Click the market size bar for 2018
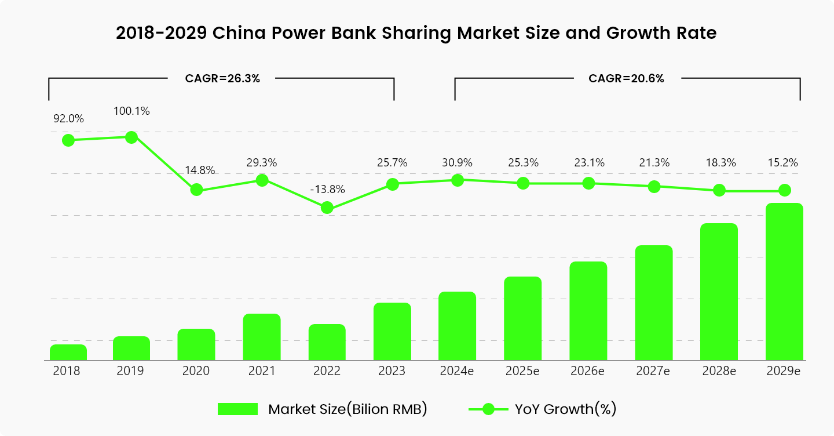pyautogui.click(x=68, y=353)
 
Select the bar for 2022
pyautogui.click(x=327, y=343)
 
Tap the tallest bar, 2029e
pyautogui.click(x=784, y=282)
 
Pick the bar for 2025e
pyautogui.click(x=523, y=319)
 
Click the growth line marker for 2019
pyautogui.click(x=131, y=137)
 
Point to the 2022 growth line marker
pyautogui.click(x=327, y=208)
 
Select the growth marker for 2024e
pyautogui.click(x=458, y=180)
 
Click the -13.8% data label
pyautogui.click(x=327, y=189)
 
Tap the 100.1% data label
pyautogui.click(x=132, y=111)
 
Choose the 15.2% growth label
pyautogui.click(x=784, y=163)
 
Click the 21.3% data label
pyautogui.click(x=654, y=163)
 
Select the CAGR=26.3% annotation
pyautogui.click(x=222, y=79)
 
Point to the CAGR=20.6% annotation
pyautogui.click(x=626, y=79)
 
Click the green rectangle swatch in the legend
pyautogui.click(x=237, y=409)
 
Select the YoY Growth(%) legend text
pyautogui.click(x=565, y=409)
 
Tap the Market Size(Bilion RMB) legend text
pyautogui.click(x=348, y=409)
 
